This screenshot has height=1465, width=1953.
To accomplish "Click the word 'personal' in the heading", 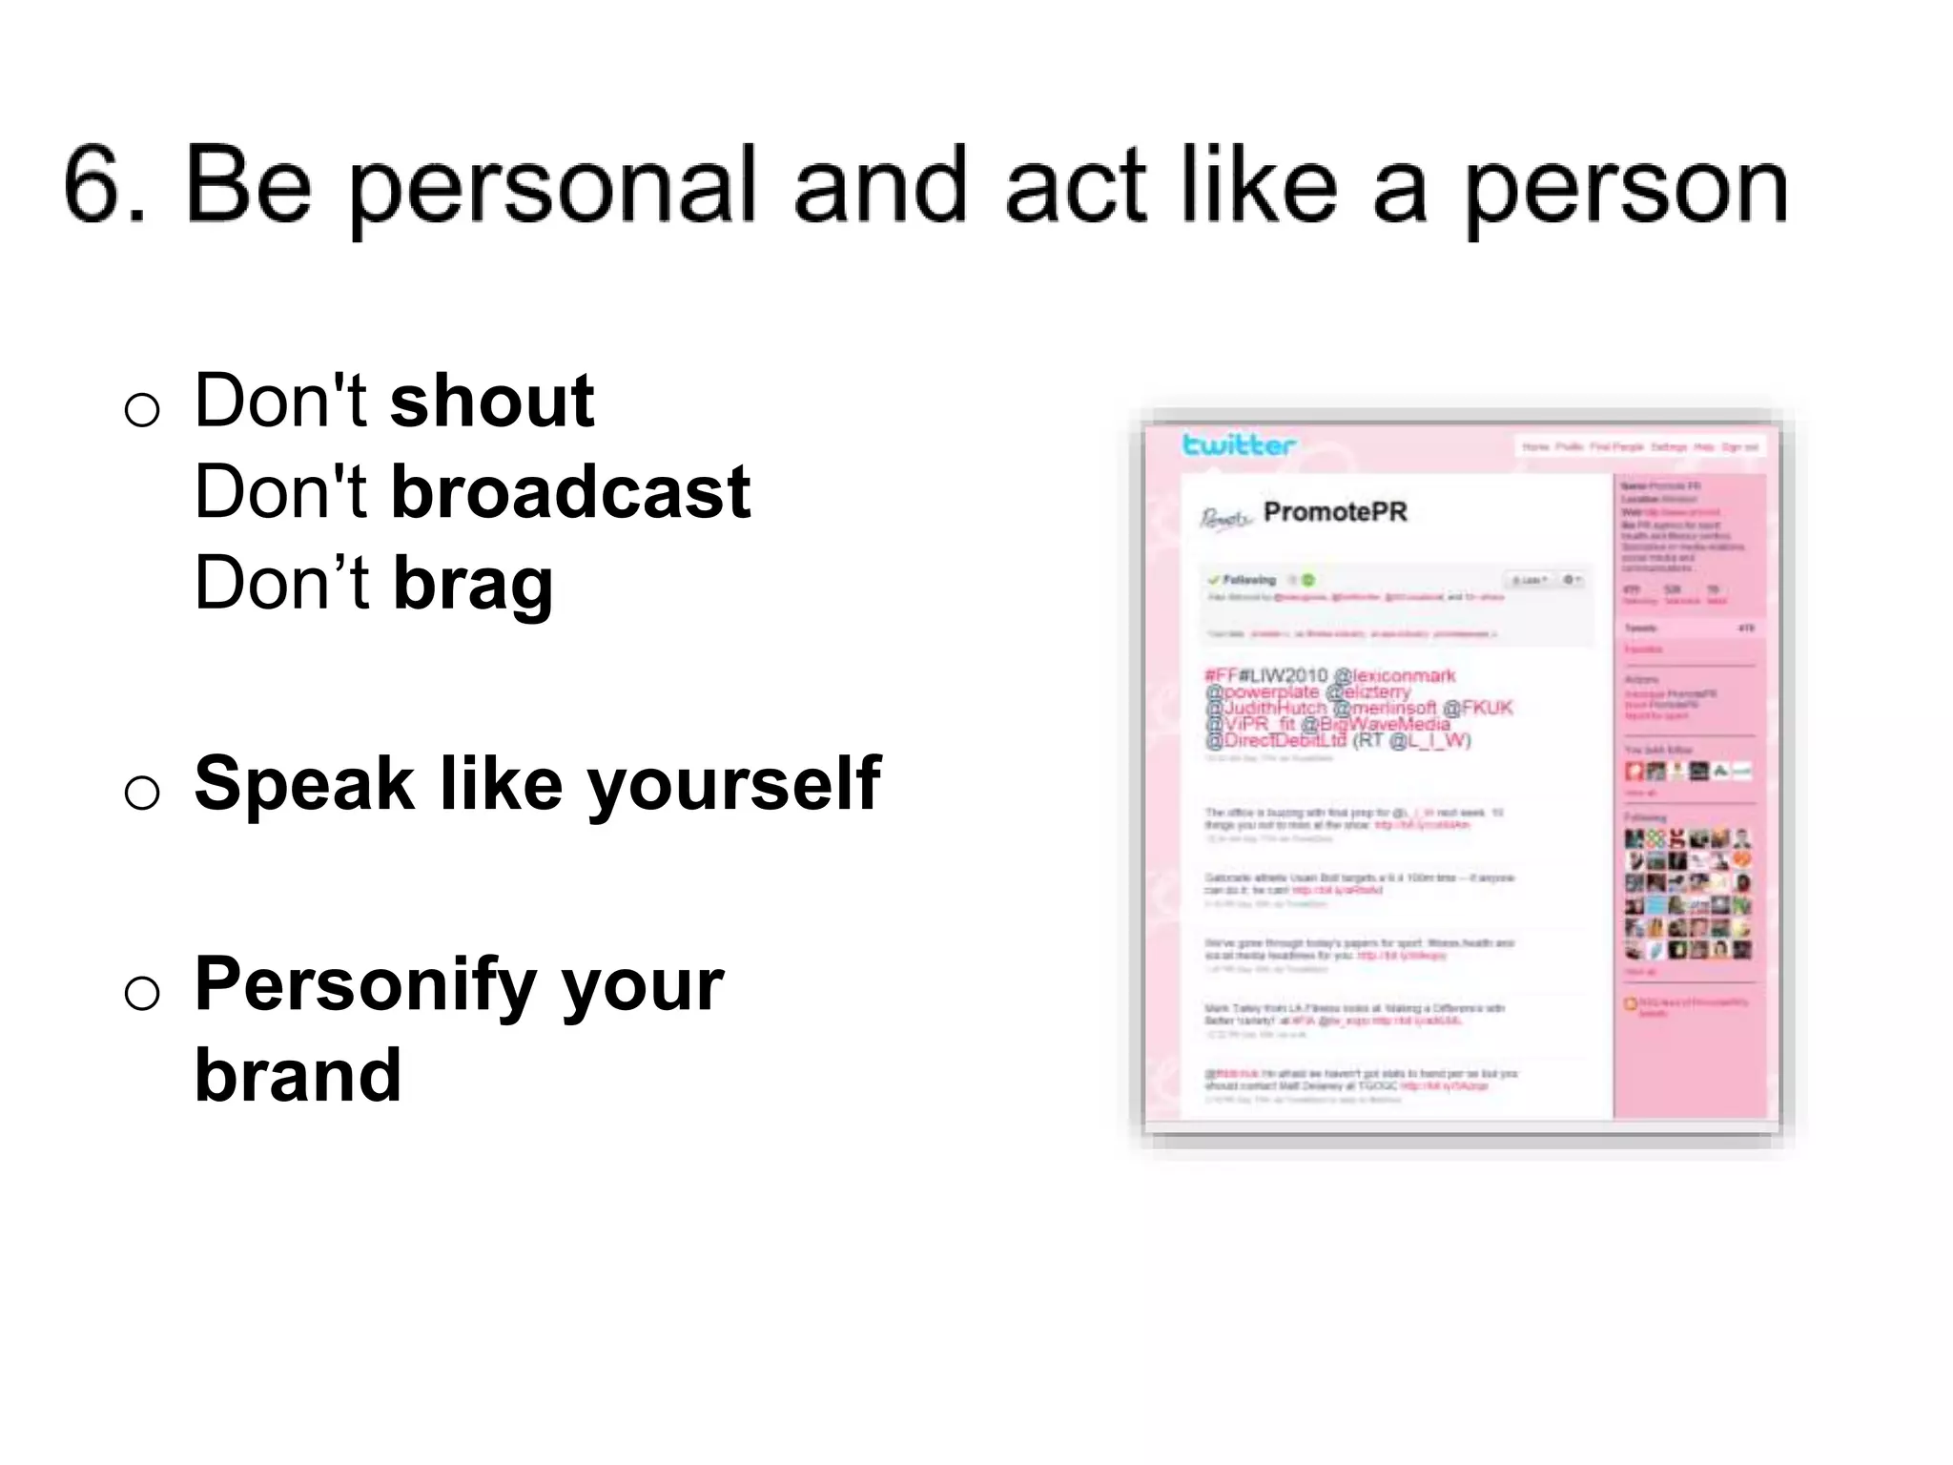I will coord(552,187).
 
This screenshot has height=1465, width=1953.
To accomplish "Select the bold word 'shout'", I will coord(492,401).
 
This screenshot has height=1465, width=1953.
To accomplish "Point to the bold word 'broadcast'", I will coord(570,492).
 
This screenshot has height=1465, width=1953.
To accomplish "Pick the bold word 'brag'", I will coord(473,584).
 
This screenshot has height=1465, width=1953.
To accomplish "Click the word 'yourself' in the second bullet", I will coord(733,784).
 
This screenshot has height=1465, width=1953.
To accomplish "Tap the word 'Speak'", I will coord(304,784).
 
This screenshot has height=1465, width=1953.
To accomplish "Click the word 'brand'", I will coord(298,1076).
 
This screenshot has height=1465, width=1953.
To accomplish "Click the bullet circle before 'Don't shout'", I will coord(142,410).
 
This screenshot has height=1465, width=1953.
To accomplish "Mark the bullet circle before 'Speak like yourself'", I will coord(142,793).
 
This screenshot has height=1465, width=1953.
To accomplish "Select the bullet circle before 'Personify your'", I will coord(142,994).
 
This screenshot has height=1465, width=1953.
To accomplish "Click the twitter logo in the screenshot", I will coord(1238,444).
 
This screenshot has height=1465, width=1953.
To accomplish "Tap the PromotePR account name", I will coord(1334,512).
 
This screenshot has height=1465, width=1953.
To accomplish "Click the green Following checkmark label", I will coord(1242,580).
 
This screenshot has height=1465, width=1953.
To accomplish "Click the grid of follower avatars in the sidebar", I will coord(1687,894).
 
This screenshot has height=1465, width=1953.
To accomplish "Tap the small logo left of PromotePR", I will coord(1224,518).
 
